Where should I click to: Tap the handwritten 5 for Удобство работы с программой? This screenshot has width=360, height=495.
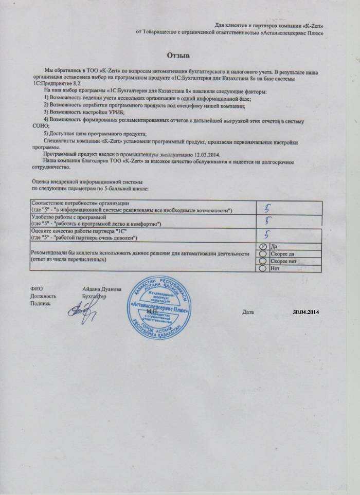[267, 221]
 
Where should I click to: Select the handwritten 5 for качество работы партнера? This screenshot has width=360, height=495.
[267, 234]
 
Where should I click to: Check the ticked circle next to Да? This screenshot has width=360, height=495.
[263, 246]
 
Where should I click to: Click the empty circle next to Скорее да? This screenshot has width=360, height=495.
[263, 253]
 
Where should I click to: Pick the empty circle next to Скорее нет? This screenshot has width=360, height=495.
[263, 261]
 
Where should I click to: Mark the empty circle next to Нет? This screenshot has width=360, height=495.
[263, 268]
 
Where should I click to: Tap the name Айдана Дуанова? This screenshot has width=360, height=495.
[102, 289]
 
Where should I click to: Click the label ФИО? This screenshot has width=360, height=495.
[35, 289]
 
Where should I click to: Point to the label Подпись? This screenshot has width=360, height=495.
[41, 304]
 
